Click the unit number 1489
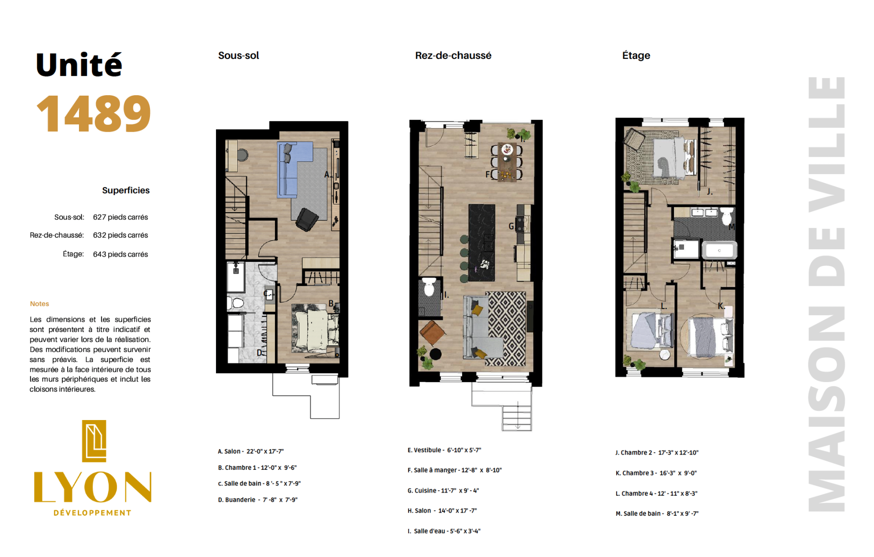94,114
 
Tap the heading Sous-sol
239,56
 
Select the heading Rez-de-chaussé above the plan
453,56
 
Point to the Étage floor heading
636,55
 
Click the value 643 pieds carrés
120,254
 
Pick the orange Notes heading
39,304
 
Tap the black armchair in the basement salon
307,219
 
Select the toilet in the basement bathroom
236,304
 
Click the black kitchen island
482,243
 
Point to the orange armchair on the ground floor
432,333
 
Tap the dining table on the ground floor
507,162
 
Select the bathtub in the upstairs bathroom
719,250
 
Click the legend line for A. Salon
251,451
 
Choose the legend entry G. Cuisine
443,491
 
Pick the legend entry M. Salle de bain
657,513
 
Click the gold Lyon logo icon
94,441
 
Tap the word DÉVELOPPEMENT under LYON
92,513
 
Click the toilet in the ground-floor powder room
429,287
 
